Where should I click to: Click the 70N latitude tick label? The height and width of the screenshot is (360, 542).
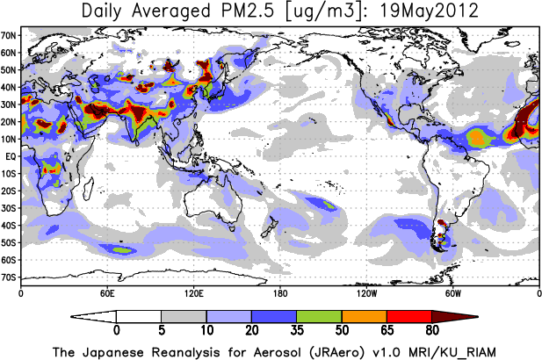9,35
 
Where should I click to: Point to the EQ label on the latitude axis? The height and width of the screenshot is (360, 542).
11,156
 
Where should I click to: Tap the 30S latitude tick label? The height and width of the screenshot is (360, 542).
9,208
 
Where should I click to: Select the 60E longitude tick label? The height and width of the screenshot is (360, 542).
107,293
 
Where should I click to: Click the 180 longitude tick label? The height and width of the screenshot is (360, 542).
280,293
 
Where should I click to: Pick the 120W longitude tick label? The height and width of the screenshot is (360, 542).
366,293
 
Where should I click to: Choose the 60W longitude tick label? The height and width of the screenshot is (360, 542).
452,293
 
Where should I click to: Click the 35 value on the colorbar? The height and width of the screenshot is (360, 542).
297,330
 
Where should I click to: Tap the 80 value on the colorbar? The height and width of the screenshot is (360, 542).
431,330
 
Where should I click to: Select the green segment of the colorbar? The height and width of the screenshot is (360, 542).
319,317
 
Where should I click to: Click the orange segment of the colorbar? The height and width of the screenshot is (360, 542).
365,317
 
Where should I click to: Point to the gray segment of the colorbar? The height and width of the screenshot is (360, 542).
184,317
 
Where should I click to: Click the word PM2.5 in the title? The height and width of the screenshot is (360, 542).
248,11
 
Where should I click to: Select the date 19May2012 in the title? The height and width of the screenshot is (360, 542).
429,11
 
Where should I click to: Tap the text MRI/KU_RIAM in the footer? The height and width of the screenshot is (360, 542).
452,353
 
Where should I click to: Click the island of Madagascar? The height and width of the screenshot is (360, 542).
89,189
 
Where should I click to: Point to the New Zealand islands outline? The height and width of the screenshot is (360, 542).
270,227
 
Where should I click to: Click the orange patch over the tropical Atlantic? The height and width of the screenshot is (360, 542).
477,137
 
